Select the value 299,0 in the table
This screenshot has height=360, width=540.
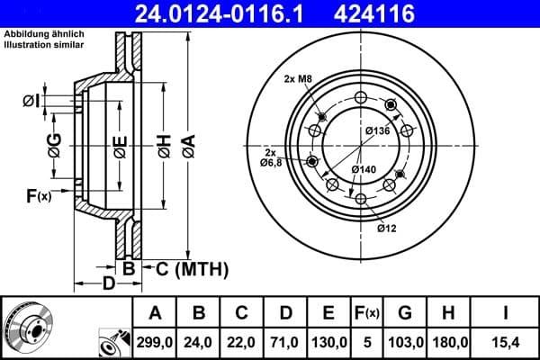coord(156,342)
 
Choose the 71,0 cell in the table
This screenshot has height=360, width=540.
coord(285,342)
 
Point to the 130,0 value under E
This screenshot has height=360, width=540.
coord(330,342)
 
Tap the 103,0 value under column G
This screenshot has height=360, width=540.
coord(404,342)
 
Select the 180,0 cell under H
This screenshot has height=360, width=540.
coord(450,342)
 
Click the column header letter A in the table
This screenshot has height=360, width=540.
coord(156,313)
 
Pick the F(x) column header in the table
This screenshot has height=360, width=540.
coord(367,313)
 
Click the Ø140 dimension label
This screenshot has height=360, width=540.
coord(364,169)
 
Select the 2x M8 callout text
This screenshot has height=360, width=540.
coord(298,79)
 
